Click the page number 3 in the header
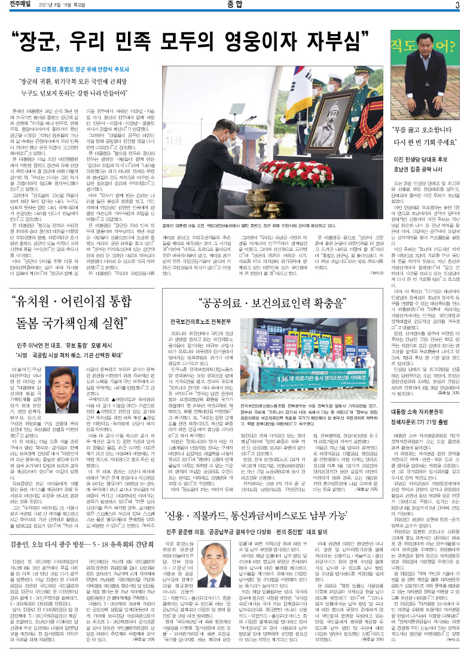coord(456,6)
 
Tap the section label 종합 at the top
coord(233,6)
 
